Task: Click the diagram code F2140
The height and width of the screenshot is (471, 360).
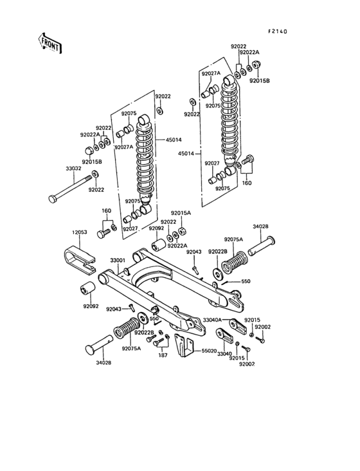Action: (x=277, y=30)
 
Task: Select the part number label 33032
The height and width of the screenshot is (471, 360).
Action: (x=73, y=169)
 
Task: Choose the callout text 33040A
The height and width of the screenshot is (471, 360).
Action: (x=212, y=320)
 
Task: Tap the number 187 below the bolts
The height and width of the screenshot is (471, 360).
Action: (x=163, y=355)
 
